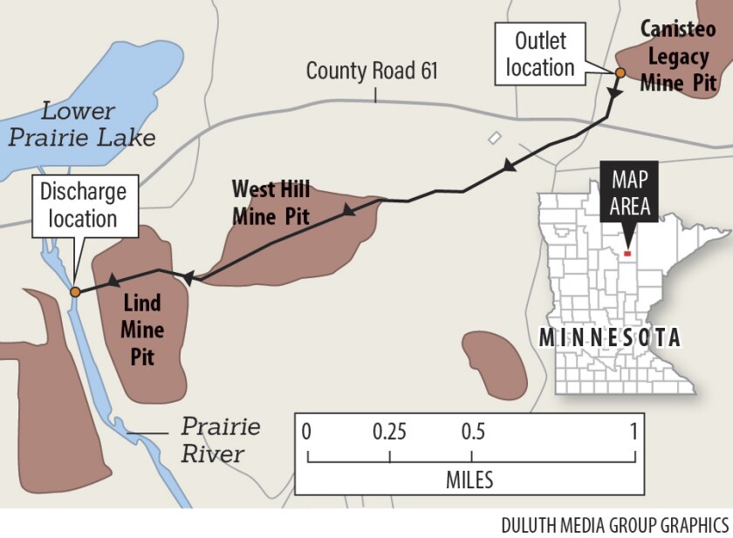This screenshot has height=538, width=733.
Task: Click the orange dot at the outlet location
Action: click(620, 73)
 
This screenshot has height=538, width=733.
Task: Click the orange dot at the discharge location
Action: click(75, 292)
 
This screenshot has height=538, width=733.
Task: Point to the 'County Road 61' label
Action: click(372, 72)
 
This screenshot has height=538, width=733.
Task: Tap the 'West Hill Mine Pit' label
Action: click(271, 202)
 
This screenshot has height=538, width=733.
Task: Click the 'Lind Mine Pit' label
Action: click(141, 330)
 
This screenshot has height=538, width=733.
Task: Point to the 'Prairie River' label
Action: click(220, 440)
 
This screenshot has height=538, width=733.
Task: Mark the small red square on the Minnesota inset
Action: click(627, 253)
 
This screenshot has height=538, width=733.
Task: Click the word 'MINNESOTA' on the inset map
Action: click(609, 337)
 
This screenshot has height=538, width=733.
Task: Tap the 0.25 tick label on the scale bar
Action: click(389, 432)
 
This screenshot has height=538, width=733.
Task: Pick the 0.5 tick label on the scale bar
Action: click(472, 432)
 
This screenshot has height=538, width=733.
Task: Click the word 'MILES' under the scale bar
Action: click(469, 480)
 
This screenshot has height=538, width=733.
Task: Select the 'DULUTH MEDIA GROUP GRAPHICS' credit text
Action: click(614, 525)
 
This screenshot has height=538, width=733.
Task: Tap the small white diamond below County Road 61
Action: click(495, 138)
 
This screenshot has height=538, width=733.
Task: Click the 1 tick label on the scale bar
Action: click(634, 432)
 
